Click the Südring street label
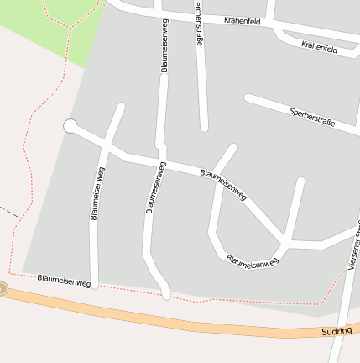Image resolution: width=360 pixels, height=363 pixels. (336, 332)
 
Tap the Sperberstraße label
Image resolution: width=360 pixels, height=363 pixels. (311, 117)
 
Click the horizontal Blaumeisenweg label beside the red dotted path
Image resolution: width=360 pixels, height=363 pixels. (64, 281)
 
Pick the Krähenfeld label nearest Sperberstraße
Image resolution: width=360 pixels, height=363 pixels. (319, 48)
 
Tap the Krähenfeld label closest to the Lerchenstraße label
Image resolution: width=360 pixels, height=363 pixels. (245, 20)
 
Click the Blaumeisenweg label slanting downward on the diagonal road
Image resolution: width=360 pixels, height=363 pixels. (223, 184)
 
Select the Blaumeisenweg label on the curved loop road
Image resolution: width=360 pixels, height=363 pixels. (252, 262)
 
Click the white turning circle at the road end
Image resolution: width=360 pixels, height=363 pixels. (70, 126)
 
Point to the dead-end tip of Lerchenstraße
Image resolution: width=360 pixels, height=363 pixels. (204, 128)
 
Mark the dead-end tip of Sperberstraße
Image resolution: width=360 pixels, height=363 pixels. (248, 97)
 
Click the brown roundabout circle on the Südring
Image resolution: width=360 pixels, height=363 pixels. (3, 289)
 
